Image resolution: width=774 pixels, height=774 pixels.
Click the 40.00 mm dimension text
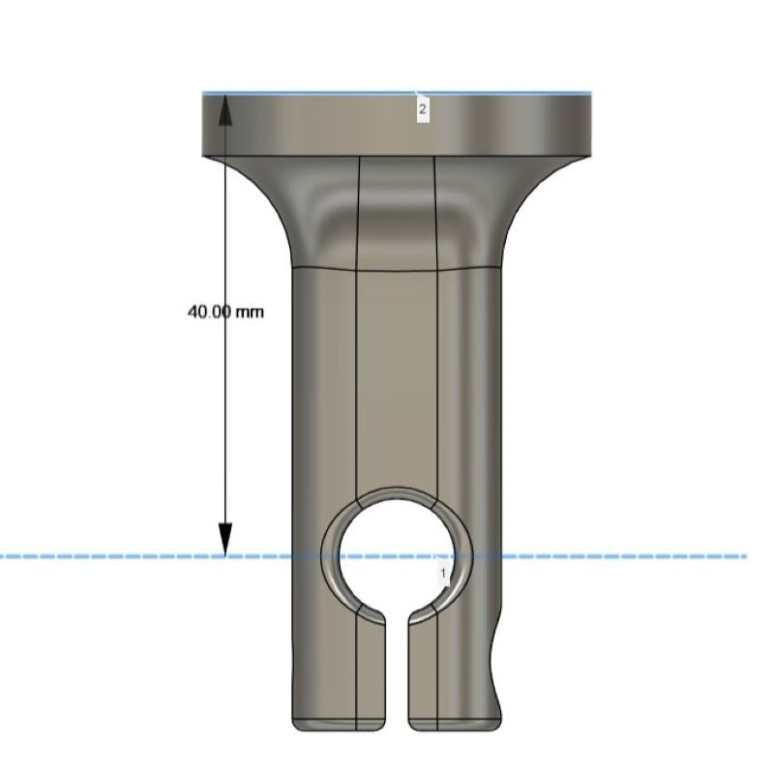pos(225,312)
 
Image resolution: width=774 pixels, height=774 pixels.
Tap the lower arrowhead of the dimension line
pos(225,540)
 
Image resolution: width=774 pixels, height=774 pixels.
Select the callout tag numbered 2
pos(422,109)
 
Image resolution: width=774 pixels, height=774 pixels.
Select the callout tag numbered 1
pos(443,573)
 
